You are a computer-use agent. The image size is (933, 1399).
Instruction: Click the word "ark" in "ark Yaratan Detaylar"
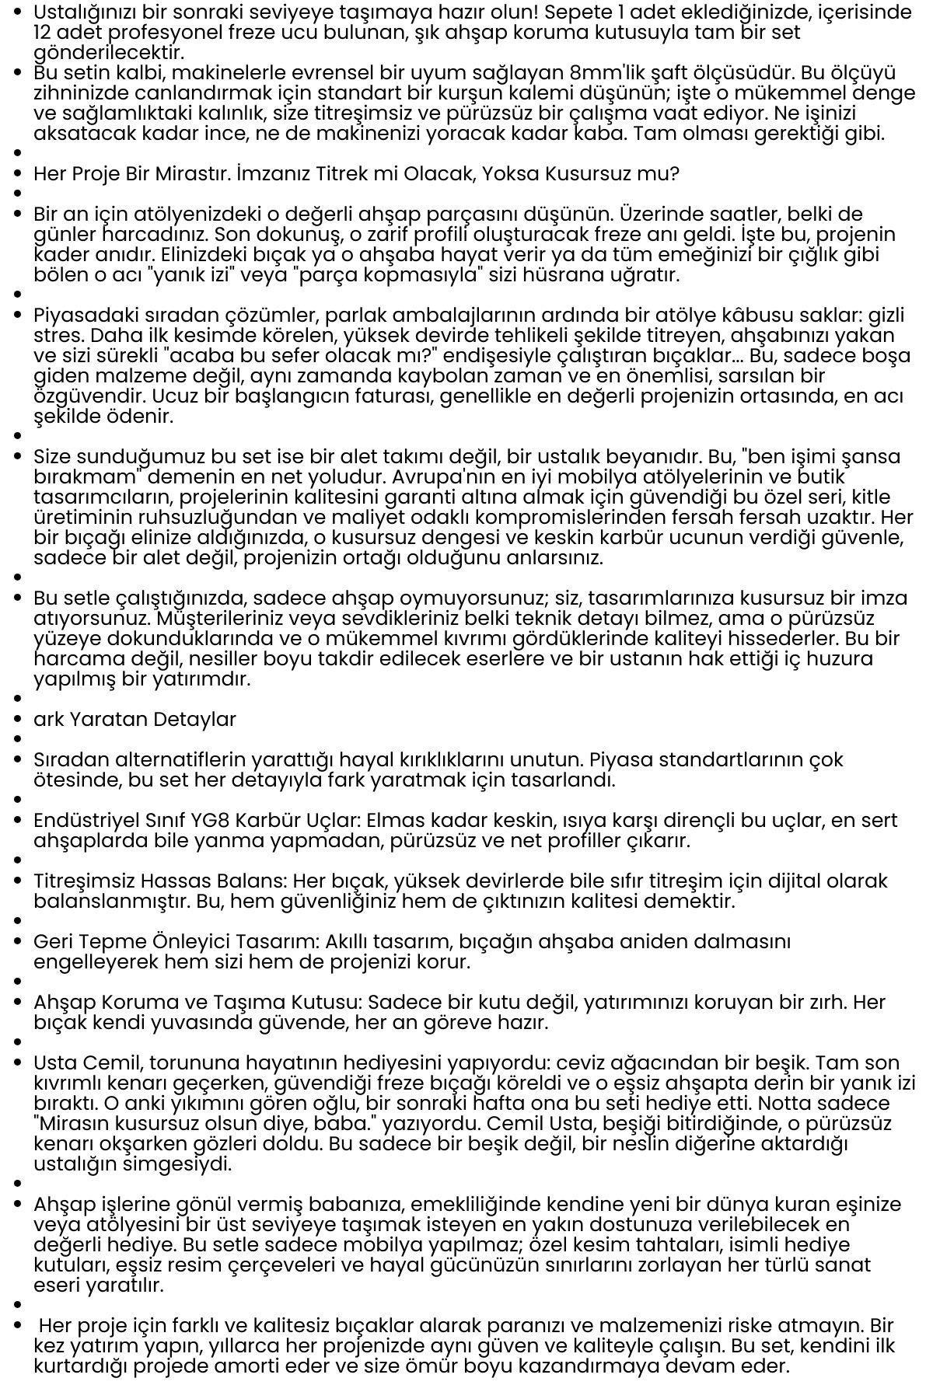(x=48, y=720)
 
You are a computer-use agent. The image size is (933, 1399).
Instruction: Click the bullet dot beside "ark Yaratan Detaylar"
(x=18, y=720)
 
